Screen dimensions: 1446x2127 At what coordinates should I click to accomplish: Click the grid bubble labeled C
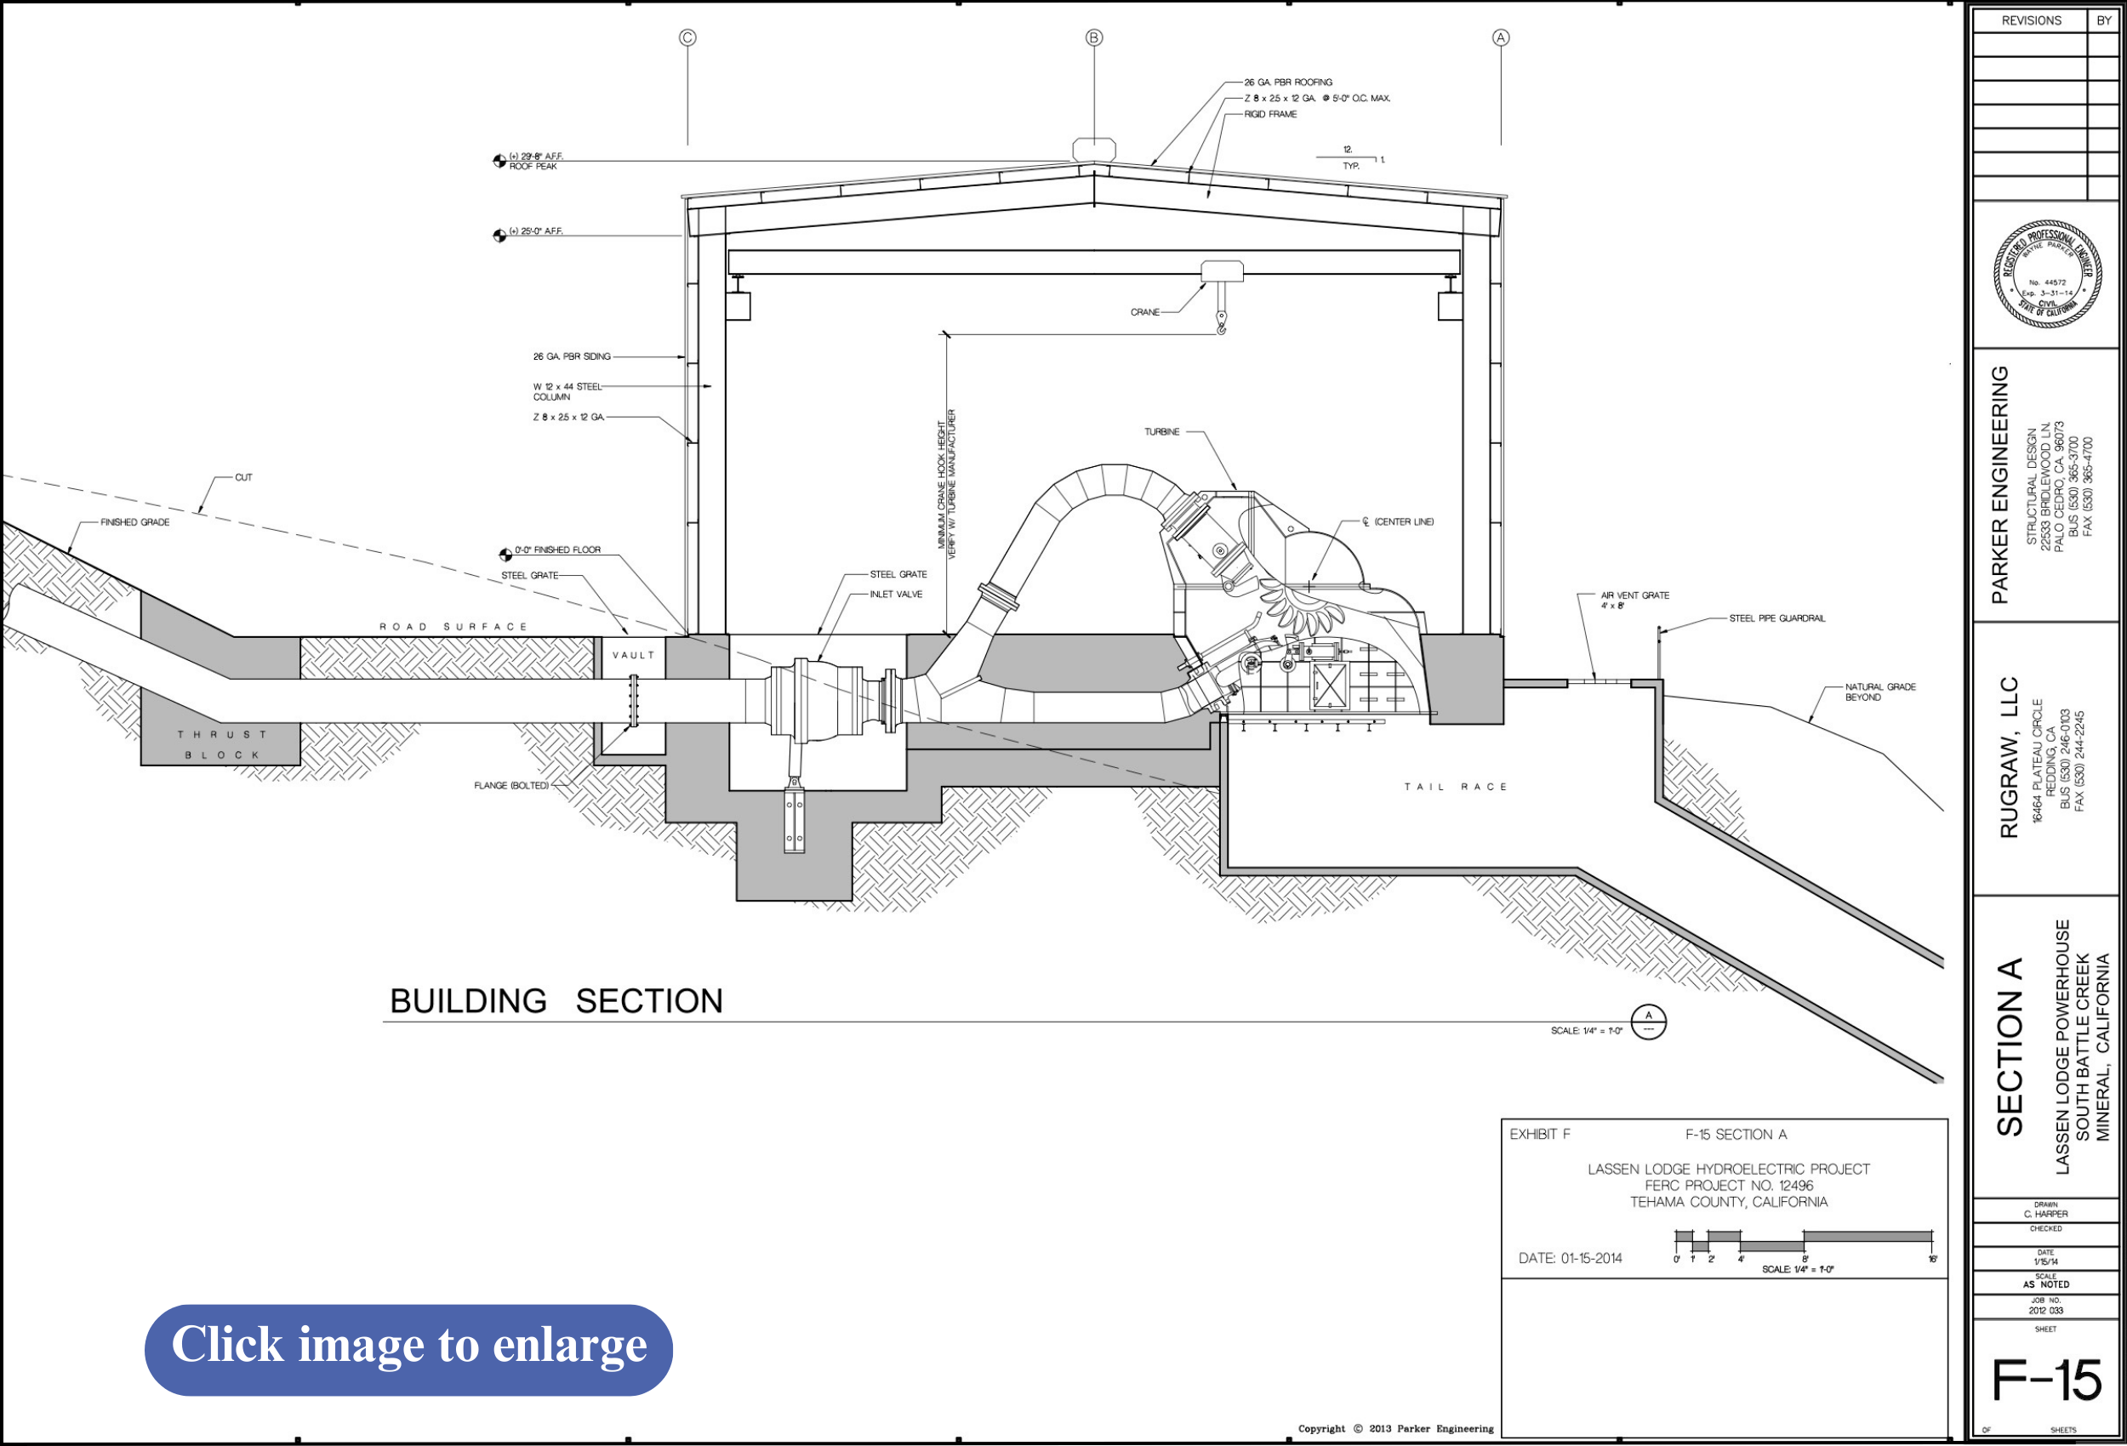pos(687,37)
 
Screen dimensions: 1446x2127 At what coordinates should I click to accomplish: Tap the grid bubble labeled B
pos(1093,37)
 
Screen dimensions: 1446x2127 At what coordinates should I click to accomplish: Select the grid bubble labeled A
pos(1500,37)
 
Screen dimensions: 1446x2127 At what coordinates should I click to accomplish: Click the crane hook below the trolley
pos(1221,322)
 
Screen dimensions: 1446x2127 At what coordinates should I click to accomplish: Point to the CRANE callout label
pos(1144,312)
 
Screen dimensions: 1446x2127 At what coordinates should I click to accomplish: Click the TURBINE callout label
pos(1161,432)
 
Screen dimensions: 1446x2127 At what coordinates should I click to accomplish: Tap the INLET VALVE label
pos(895,594)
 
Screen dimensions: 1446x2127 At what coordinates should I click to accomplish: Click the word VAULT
pos(633,655)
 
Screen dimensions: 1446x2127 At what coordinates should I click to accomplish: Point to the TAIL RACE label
pos(1455,786)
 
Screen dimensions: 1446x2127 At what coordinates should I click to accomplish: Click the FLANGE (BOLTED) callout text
pos(510,785)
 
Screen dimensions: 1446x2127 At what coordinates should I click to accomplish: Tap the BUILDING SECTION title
pos(556,1001)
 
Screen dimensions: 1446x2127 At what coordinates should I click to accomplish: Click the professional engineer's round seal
pos(2046,274)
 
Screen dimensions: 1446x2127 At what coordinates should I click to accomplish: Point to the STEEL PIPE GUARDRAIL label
pos(1776,618)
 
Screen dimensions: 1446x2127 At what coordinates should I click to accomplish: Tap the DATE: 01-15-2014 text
pos(1570,1258)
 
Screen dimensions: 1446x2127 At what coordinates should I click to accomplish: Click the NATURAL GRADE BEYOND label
pos(1880,692)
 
